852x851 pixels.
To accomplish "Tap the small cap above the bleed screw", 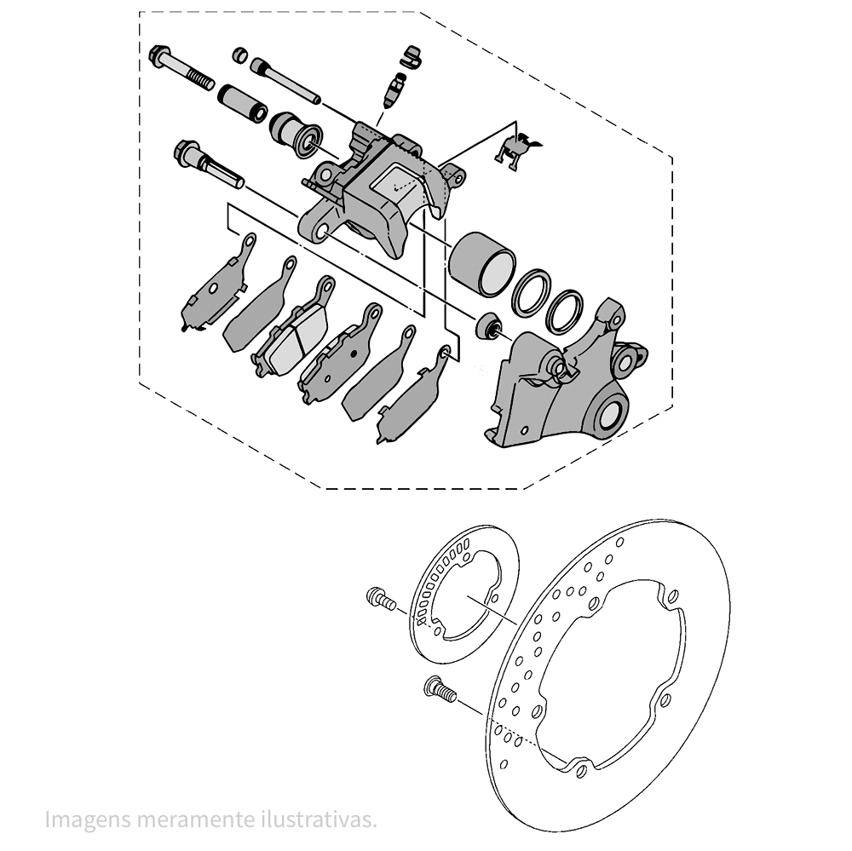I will (412, 55).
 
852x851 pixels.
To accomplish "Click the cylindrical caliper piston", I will (481, 262).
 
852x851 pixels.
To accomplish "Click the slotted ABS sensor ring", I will (464, 596).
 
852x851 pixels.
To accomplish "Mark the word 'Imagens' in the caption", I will (84, 819).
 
